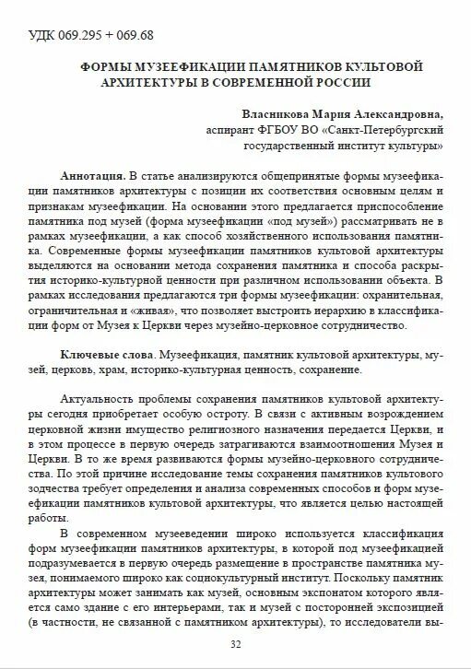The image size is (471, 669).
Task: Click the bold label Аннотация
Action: coord(93,175)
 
